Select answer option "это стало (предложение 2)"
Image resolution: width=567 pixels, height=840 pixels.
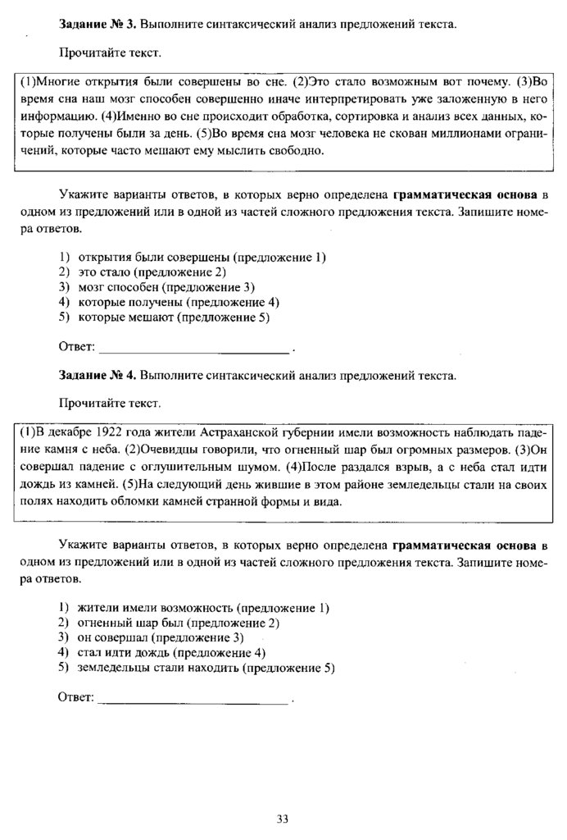pyautogui.click(x=152, y=272)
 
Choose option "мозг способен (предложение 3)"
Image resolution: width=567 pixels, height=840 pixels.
pyautogui.click(x=166, y=286)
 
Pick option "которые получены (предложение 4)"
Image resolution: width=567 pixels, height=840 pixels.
pyautogui.click(x=173, y=301)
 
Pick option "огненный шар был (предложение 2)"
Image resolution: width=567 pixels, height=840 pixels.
pyautogui.click(x=178, y=623)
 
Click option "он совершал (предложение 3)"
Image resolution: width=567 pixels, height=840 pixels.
pyautogui.click(x=161, y=637)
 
